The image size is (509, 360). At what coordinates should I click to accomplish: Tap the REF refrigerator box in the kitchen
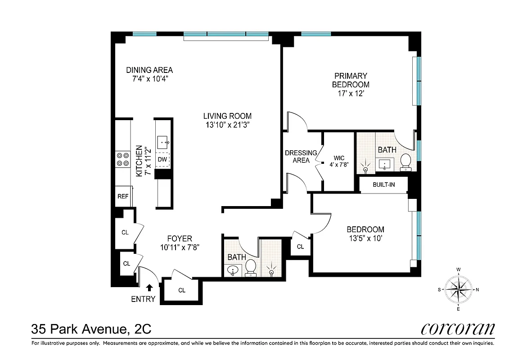point(123,196)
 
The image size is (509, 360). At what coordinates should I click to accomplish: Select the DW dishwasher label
point(162,159)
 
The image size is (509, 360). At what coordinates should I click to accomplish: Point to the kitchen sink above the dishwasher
point(163,143)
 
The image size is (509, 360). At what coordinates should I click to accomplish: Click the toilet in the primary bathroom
point(405,162)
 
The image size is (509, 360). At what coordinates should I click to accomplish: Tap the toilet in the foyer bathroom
point(251,268)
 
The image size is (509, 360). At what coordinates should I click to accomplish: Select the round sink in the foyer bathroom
point(233,270)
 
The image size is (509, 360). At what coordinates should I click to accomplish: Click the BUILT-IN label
point(383,184)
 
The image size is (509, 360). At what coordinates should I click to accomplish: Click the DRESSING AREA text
point(301,156)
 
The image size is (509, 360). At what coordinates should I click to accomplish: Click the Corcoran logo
point(458,328)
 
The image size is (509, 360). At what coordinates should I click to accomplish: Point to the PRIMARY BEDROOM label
point(351,80)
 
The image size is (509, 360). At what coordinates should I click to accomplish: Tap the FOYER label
point(180,238)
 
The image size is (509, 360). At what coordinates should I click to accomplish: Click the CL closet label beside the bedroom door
point(300,247)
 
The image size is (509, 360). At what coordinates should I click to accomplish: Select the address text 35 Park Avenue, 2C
point(91,329)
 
